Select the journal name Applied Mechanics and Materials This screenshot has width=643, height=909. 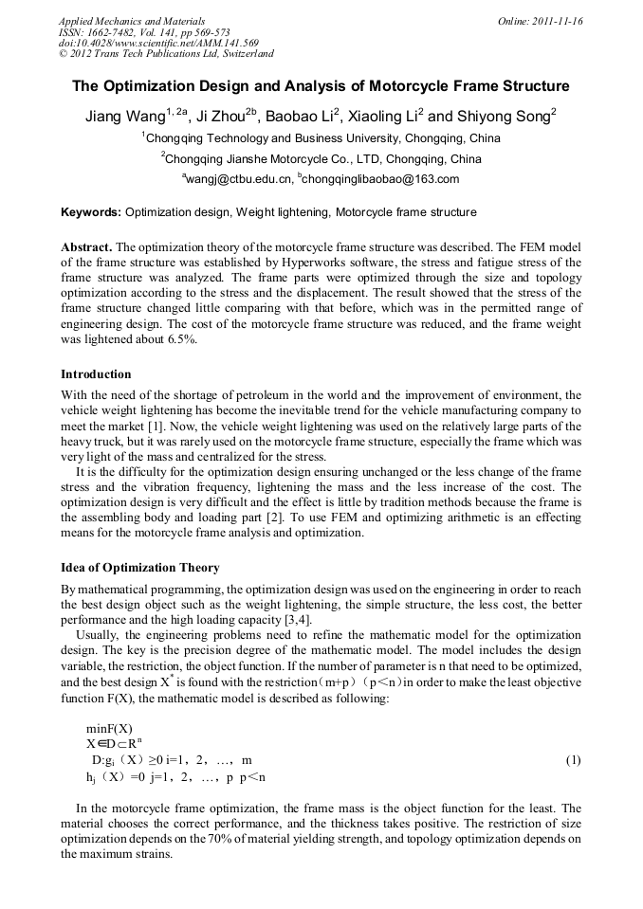tap(132, 21)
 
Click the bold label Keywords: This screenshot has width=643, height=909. tap(91, 212)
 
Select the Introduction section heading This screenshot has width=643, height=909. tap(96, 374)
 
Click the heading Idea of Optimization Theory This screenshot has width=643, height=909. tap(140, 568)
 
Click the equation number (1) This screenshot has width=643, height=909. tap(573, 760)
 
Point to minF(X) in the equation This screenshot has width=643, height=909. tap(109, 728)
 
